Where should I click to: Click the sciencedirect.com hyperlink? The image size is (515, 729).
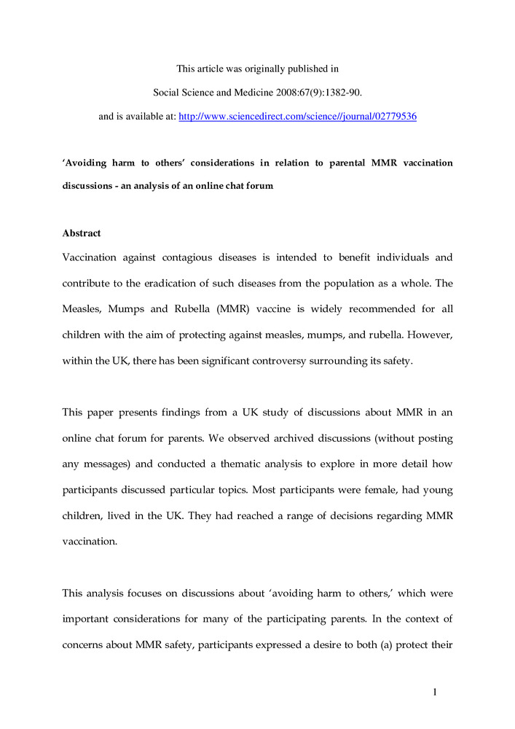tap(297, 116)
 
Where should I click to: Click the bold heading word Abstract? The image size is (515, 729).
tap(81, 233)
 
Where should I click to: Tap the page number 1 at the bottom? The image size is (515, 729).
tap(434, 692)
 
